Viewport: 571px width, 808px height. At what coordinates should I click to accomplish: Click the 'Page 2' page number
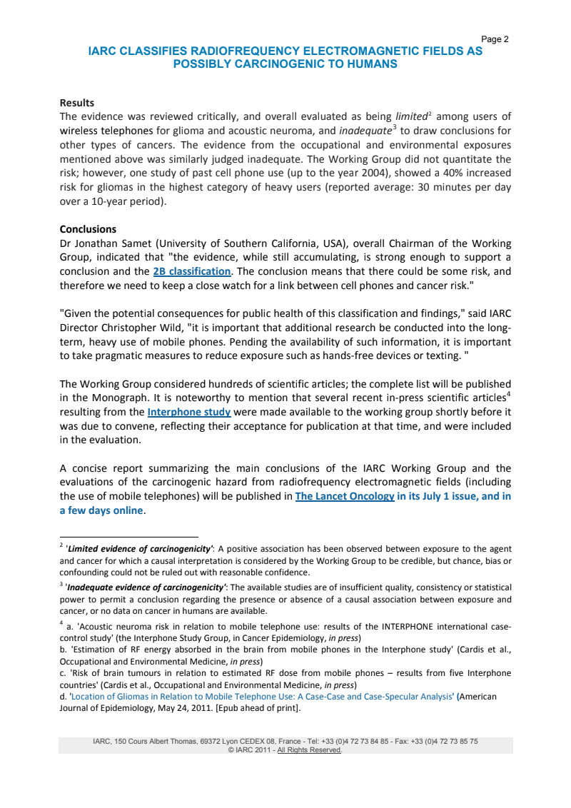(x=495, y=39)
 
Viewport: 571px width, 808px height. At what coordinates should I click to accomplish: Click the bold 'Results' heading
(x=76, y=103)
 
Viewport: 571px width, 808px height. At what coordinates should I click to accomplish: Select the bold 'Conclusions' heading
(x=87, y=230)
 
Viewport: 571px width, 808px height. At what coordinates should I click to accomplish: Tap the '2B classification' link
(x=191, y=271)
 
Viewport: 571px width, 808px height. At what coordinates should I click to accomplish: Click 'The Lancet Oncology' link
(x=345, y=496)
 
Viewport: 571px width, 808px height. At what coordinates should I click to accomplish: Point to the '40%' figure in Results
(x=451, y=173)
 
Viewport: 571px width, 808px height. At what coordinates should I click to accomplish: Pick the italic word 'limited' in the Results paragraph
(x=410, y=116)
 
